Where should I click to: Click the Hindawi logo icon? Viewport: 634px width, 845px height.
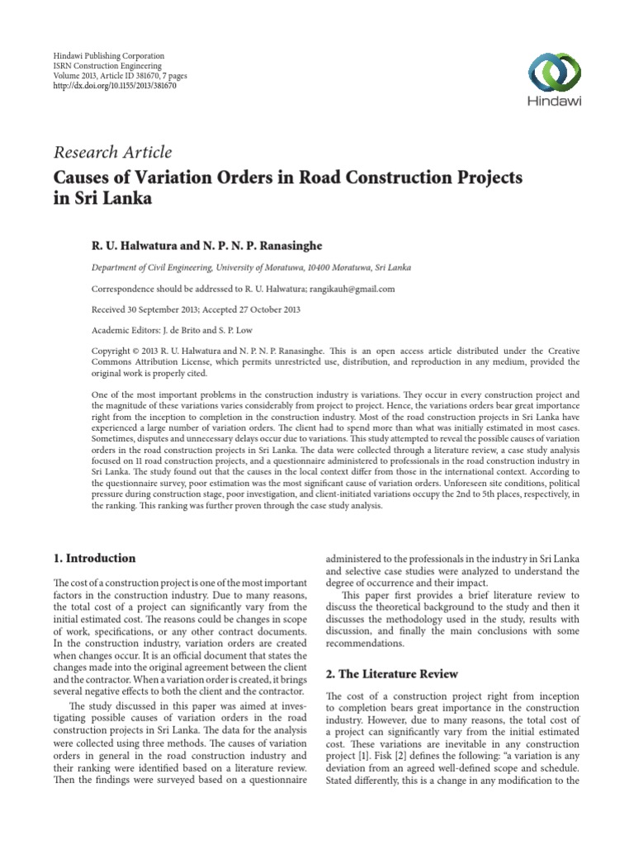[x=555, y=73]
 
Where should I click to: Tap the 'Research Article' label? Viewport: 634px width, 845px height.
[x=112, y=152]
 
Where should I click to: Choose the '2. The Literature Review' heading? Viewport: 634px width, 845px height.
[x=391, y=674]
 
